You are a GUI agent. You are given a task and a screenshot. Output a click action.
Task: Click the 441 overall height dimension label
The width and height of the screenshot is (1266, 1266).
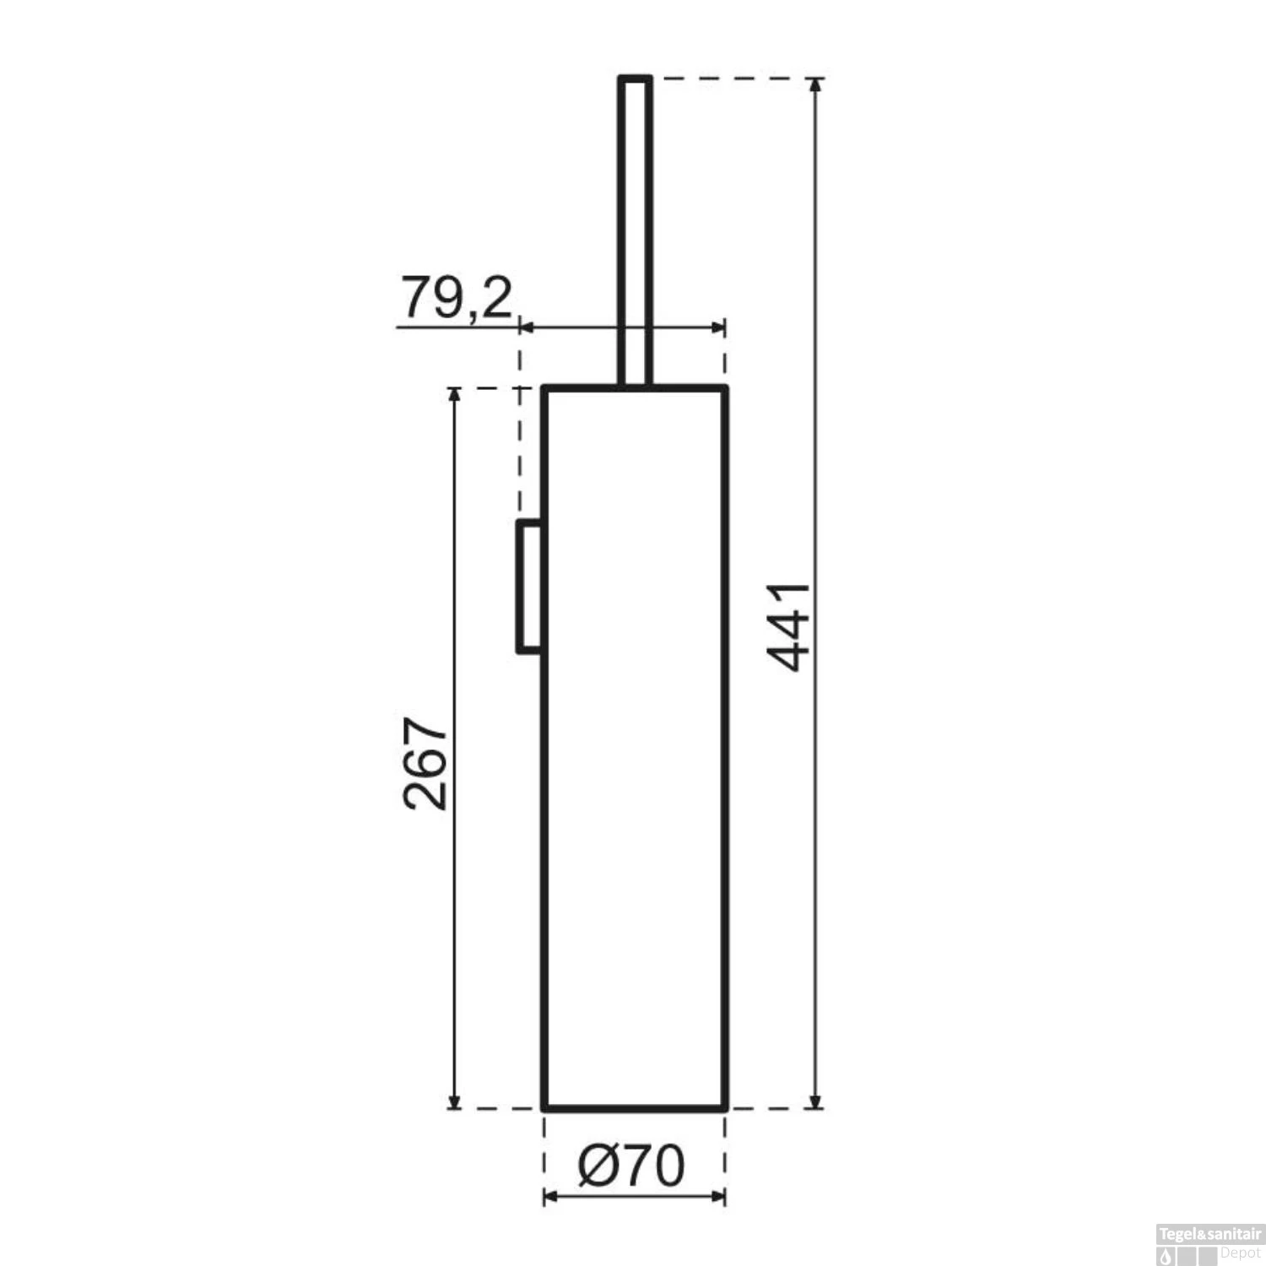[x=792, y=626]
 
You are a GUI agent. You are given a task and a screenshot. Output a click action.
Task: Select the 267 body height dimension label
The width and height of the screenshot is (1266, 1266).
[x=425, y=764]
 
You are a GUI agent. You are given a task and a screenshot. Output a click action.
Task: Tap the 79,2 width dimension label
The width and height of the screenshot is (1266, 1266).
[x=457, y=297]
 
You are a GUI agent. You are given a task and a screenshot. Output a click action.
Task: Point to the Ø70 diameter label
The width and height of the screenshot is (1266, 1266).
[x=631, y=1167]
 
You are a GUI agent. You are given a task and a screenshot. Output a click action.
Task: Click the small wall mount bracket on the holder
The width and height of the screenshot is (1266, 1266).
[x=529, y=587]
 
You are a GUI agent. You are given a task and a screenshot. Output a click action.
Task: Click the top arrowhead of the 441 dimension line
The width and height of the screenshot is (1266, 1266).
[x=814, y=84]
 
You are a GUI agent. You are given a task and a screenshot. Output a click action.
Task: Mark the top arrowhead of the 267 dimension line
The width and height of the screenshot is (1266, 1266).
[x=454, y=395]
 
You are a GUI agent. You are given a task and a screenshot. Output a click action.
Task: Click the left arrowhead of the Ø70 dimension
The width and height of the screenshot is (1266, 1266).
[x=549, y=1197]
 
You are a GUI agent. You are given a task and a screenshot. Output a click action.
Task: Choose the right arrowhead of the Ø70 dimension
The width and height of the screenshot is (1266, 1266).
[x=719, y=1197]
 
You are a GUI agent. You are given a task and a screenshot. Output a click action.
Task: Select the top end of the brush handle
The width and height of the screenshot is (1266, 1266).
[x=635, y=78]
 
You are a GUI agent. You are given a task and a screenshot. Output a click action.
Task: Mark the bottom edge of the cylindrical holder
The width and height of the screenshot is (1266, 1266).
[x=635, y=1106]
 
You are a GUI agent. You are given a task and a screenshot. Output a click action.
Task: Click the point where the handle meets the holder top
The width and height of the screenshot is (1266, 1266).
[x=635, y=387]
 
